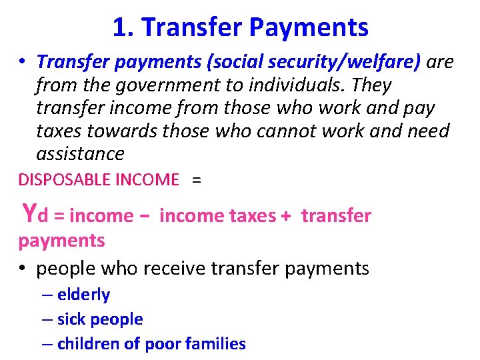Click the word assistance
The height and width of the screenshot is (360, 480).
[80, 154]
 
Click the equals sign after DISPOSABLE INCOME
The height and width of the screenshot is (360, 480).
[196, 179]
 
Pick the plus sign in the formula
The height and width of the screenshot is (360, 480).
[285, 215]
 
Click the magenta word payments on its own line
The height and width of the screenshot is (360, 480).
[61, 240]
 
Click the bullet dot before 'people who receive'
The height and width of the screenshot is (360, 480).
[23, 269]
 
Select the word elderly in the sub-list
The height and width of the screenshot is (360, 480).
[83, 295]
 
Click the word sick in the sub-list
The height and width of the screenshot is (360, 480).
[70, 319]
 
